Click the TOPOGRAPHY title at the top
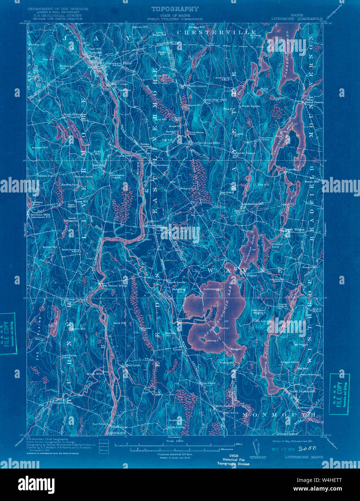tap(175, 9)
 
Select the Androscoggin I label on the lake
tap(214, 288)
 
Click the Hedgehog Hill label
tap(179, 289)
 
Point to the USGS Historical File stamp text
tap(234, 460)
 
